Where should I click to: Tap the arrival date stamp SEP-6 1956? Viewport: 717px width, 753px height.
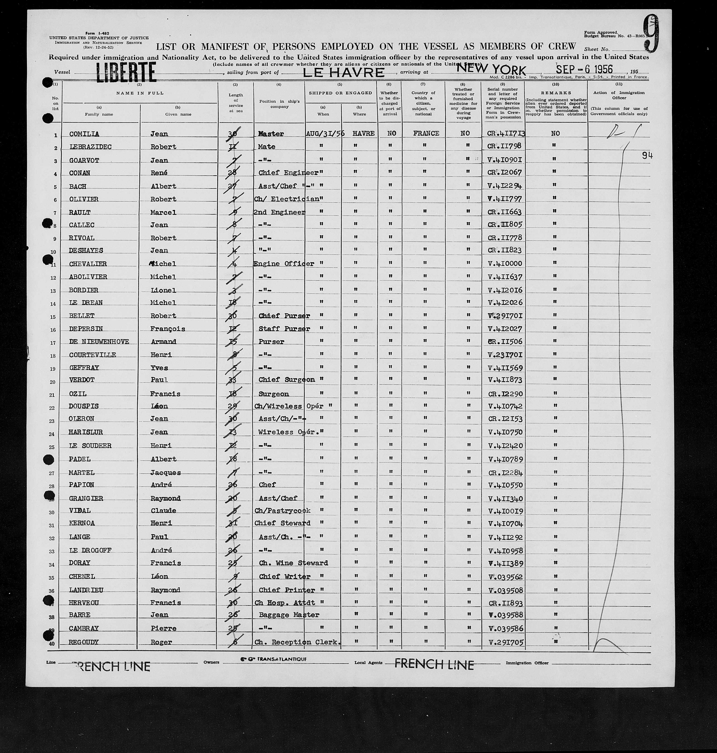pos(584,69)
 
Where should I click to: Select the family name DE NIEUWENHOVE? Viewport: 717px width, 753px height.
pos(99,342)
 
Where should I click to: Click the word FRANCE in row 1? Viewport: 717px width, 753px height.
pos(426,133)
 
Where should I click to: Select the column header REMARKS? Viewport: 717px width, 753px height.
pos(556,93)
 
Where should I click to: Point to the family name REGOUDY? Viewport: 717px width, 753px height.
pos(83,642)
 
